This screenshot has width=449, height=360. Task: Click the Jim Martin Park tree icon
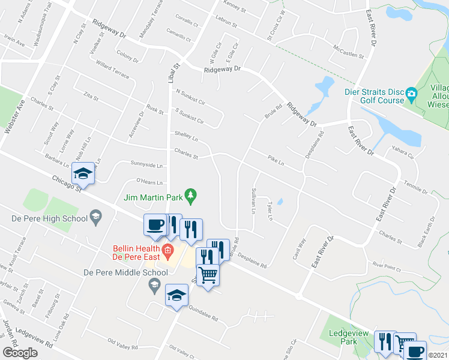[x=191, y=194]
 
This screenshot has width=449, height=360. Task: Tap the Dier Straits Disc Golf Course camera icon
[x=411, y=93]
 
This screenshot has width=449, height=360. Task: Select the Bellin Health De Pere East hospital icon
[x=168, y=250]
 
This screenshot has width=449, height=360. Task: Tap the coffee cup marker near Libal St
[x=155, y=225]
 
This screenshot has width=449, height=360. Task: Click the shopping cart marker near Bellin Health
[x=208, y=275]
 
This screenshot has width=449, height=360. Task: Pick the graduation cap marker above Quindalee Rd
[x=176, y=295]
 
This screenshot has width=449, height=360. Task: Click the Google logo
[x=20, y=352]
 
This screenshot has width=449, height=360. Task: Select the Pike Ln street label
[x=276, y=160]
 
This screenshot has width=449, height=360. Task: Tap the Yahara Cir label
[x=402, y=155]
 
